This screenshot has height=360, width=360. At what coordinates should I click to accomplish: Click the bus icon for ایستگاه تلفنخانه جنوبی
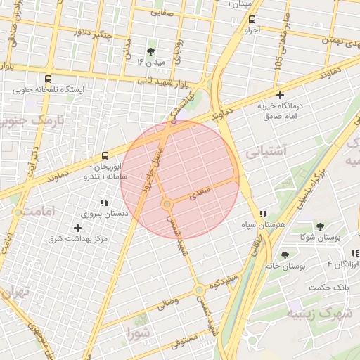pyautogui.click(x=48, y=79)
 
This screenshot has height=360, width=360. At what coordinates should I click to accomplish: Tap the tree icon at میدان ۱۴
pyautogui.click(x=150, y=51)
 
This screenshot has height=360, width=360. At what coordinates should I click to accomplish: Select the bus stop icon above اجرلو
pyautogui.click(x=252, y=20)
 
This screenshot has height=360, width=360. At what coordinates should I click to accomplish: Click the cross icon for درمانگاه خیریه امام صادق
pyautogui.click(x=280, y=95)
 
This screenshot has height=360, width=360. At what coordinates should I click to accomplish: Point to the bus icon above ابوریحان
pyautogui.click(x=105, y=155)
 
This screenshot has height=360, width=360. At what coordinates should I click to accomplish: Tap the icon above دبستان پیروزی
pyautogui.click(x=105, y=202)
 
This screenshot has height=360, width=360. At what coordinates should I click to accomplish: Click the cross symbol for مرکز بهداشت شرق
pyautogui.click(x=77, y=228)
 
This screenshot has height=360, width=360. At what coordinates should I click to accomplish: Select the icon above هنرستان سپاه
pyautogui.click(x=263, y=214)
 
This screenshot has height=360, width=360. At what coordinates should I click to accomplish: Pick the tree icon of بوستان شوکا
pyautogui.click(x=320, y=226)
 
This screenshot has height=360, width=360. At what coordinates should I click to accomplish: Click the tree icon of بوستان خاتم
pyautogui.click(x=285, y=255)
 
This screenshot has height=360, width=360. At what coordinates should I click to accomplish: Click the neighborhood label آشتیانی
pyautogui.click(x=266, y=150)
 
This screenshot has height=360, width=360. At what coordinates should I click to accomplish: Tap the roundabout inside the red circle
pyautogui.click(x=167, y=204)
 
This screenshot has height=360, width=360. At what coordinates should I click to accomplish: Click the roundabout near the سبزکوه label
pyautogui.click(x=200, y=289)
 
